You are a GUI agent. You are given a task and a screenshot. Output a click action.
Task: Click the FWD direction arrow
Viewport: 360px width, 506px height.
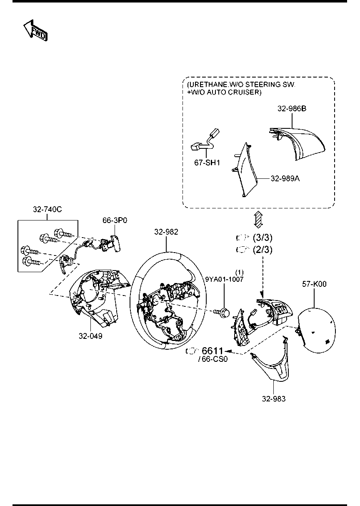[36, 30]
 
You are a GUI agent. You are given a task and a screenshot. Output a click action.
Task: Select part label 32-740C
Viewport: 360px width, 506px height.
[47, 209]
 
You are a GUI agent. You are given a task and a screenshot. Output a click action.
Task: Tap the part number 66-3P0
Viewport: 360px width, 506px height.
[115, 220]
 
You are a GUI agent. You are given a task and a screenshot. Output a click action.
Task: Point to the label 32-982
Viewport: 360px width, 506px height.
[166, 232]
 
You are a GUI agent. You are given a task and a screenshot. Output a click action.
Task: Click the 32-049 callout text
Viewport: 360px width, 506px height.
[90, 336]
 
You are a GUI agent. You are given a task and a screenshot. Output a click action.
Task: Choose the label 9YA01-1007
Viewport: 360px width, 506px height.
[224, 279]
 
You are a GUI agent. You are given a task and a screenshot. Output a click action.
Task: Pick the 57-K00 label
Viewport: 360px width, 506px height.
[315, 284]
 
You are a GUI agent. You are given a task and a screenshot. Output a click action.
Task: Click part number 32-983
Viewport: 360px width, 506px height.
[274, 399]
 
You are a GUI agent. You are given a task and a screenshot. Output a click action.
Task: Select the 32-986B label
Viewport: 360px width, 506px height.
[292, 109]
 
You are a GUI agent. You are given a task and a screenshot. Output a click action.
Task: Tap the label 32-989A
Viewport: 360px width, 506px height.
[285, 179]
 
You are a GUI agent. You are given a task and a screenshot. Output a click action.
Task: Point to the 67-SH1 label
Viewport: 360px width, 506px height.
[207, 163]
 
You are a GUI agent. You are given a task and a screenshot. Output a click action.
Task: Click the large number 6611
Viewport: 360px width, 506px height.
[212, 351]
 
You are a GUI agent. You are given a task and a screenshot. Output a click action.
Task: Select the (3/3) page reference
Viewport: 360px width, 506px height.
[262, 238]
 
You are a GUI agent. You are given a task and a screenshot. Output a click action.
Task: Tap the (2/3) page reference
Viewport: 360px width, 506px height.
[262, 250]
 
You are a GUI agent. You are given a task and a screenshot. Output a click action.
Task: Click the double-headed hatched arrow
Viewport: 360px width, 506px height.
[258, 219]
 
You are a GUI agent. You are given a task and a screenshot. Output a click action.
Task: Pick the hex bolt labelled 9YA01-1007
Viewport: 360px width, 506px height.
[221, 313]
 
